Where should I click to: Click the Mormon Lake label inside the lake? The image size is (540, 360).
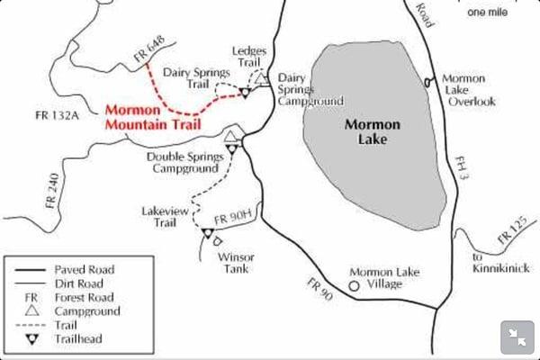coord(373,135)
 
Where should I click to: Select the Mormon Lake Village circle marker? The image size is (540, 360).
coord(354,285)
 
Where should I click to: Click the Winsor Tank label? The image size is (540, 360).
coord(237,262)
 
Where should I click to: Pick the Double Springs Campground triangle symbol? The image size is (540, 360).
coord(230,138)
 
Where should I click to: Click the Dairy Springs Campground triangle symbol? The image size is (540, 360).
coord(261,79)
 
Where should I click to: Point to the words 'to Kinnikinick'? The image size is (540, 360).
coord(500,262)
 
